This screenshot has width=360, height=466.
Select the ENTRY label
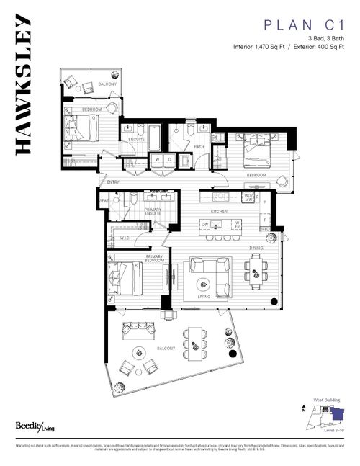coord(113,182)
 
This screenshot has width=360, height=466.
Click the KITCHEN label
coord(219,212)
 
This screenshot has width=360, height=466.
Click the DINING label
coord(256,247)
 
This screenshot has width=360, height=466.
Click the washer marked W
coord(157,159)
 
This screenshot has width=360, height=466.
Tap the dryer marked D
coord(169,159)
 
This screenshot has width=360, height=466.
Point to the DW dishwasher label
coord(205,225)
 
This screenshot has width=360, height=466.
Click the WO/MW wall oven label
coord(247,197)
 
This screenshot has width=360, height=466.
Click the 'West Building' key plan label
coord(325,399)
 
